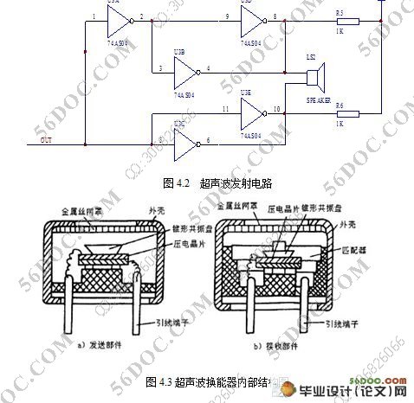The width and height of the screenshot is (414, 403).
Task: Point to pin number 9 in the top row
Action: click(x=227, y=16)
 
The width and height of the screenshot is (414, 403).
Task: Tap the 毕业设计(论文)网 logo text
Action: click(x=364, y=392)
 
